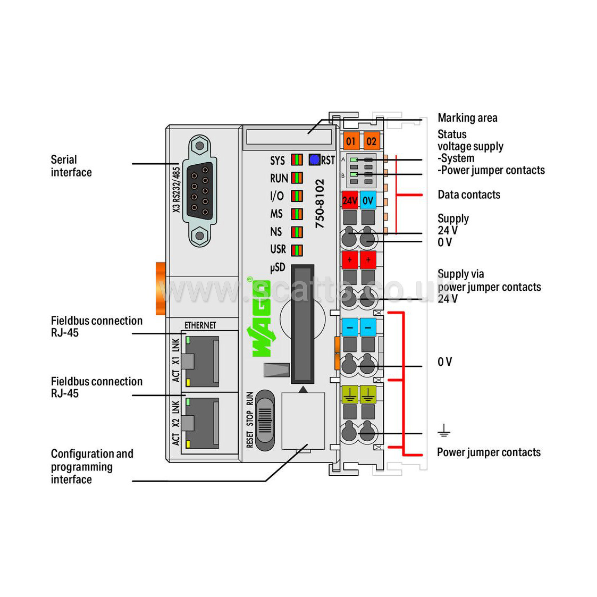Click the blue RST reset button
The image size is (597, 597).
click(314, 159)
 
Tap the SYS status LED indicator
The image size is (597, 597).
click(297, 160)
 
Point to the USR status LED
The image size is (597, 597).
click(297, 249)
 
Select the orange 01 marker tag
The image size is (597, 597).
click(351, 141)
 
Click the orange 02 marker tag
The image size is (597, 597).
click(371, 141)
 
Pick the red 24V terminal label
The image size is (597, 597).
click(349, 200)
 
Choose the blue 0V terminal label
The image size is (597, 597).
click(368, 200)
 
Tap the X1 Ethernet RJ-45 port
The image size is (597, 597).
click(201, 360)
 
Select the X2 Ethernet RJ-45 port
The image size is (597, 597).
click(201, 423)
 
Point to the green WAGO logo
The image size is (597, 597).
click(262, 319)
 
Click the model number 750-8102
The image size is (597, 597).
click(319, 204)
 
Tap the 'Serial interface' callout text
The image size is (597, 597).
click(71, 166)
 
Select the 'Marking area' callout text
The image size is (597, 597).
click(467, 118)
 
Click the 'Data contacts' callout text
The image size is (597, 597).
click(469, 195)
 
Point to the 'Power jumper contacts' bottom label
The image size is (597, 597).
click(489, 452)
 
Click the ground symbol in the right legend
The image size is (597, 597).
click(444, 431)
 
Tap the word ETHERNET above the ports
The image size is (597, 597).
click(200, 325)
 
